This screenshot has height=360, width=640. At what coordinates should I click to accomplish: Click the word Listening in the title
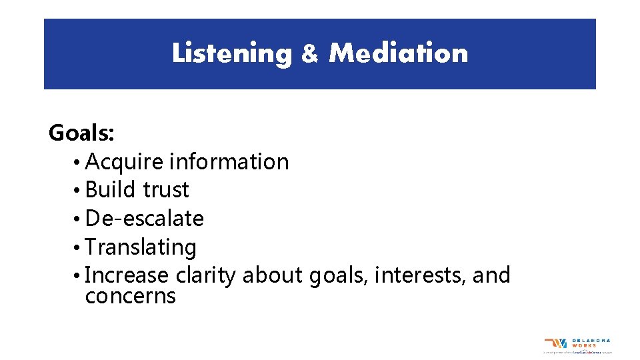(x=231, y=53)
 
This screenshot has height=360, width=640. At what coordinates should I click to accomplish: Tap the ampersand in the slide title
(x=310, y=54)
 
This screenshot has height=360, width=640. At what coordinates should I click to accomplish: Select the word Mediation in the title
(x=398, y=53)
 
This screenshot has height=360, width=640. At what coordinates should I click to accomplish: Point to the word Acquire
(x=125, y=163)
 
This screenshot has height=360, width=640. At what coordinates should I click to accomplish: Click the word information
(x=229, y=162)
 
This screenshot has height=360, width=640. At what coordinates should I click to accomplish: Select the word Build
(x=110, y=190)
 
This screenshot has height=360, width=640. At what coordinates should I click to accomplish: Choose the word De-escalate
(x=145, y=219)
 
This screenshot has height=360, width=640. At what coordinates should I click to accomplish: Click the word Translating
(x=141, y=247)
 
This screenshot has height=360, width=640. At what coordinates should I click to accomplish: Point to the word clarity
(x=205, y=275)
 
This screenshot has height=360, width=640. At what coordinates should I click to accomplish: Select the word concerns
(x=131, y=296)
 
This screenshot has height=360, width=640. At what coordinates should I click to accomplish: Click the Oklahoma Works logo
(x=577, y=345)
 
